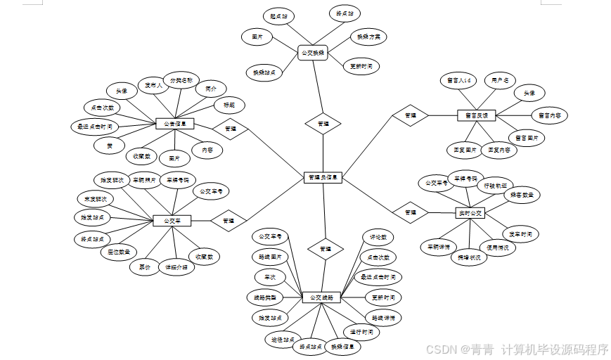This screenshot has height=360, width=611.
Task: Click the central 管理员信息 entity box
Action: click(x=323, y=178)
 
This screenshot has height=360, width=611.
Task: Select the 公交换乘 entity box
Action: click(x=313, y=53)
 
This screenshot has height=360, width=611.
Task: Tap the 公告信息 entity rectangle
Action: click(x=174, y=124)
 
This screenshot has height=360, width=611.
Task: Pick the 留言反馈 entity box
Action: click(x=477, y=115)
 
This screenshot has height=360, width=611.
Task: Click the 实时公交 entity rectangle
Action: click(x=470, y=212)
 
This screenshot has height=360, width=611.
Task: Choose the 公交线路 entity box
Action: click(x=321, y=297)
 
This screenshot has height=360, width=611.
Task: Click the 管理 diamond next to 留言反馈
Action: click(x=411, y=115)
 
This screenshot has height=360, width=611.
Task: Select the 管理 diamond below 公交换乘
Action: click(x=323, y=123)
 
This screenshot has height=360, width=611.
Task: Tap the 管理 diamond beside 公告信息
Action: click(x=230, y=129)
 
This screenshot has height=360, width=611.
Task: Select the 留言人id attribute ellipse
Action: click(x=458, y=80)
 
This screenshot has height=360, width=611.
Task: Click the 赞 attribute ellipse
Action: click(x=110, y=146)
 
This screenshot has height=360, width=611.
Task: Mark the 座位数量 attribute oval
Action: click(x=118, y=252)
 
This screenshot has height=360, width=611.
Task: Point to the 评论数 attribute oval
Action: click(x=378, y=238)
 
